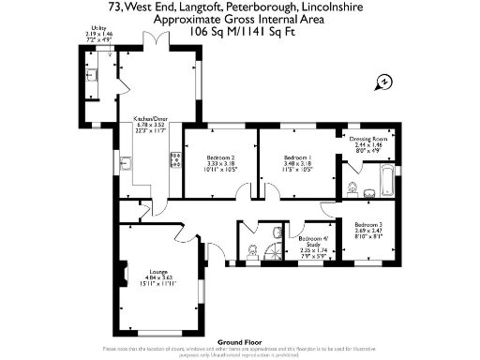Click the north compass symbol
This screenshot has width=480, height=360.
[384, 83]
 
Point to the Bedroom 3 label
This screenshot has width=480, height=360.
[367, 229]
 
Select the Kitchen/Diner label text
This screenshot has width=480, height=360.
[150, 123]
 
